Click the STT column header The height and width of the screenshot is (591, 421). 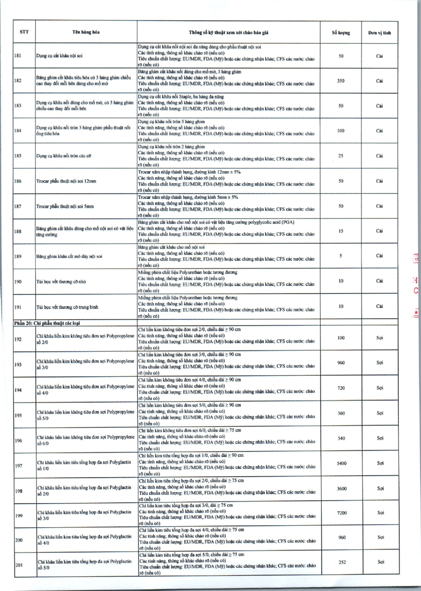(x=24, y=32)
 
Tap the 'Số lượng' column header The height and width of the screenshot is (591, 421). (x=342, y=32)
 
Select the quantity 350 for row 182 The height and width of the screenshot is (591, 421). (x=341, y=81)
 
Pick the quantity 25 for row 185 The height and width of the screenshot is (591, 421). (x=341, y=156)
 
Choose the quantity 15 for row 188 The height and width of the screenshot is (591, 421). (x=341, y=231)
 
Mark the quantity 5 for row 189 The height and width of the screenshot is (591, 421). (x=341, y=256)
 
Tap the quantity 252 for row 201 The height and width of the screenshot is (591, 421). (x=342, y=562)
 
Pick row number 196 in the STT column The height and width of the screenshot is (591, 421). (x=18, y=440)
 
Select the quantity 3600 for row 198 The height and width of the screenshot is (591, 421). (x=342, y=488)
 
